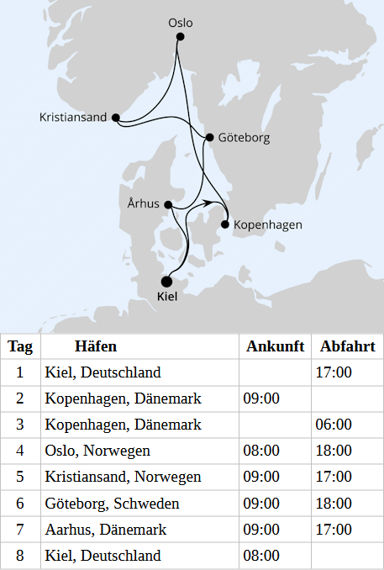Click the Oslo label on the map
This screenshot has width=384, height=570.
click(x=180, y=23)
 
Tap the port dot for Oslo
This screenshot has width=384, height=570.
click(x=180, y=37)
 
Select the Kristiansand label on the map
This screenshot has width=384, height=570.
click(x=73, y=117)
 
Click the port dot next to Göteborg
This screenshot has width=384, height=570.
click(x=209, y=137)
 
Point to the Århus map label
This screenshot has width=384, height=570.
click(x=145, y=203)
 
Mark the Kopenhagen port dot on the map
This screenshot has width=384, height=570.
click(x=224, y=224)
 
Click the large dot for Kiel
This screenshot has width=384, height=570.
click(x=166, y=282)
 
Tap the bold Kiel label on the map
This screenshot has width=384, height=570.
click(x=167, y=297)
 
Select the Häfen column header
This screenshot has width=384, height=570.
click(x=96, y=347)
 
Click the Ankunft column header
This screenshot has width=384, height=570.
click(x=273, y=347)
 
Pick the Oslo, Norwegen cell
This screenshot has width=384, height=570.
click(x=97, y=451)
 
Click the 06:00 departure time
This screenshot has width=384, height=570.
click(x=334, y=425)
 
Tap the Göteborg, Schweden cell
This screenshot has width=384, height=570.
click(x=112, y=504)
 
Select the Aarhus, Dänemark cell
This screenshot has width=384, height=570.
click(x=106, y=530)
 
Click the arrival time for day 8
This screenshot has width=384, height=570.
click(x=261, y=556)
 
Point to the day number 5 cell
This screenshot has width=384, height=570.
click(x=20, y=477)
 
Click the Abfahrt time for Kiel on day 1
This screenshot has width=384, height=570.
click(x=334, y=372)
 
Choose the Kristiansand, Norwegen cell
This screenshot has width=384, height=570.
click(x=123, y=477)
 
